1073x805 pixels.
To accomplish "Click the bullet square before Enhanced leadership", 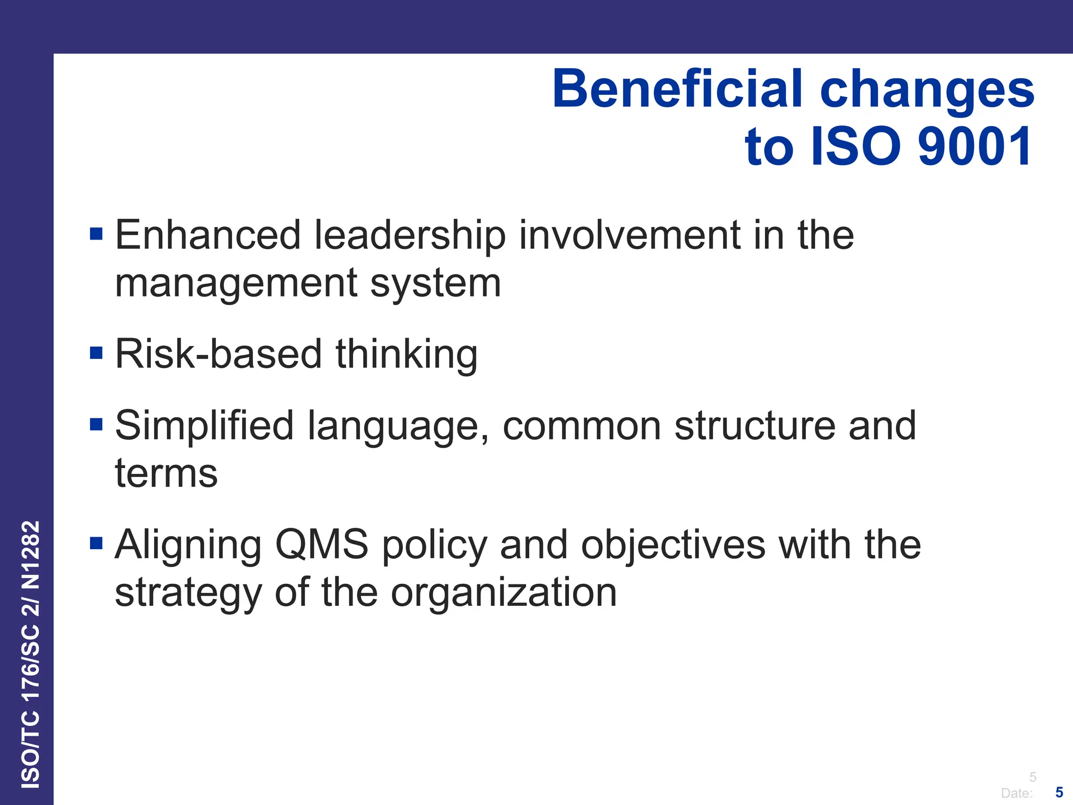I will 96,234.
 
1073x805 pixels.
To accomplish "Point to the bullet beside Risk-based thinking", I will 96,353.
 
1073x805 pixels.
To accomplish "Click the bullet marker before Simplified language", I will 96,424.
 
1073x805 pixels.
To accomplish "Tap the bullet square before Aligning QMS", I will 96,543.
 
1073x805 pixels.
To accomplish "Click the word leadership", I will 410,236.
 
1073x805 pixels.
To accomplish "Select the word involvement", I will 629,236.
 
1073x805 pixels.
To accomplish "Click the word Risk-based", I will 217,354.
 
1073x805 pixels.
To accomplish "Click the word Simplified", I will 204,426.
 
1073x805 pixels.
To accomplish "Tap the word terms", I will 166,474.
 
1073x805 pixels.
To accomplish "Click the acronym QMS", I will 322,545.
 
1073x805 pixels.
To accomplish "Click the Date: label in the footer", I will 1016,793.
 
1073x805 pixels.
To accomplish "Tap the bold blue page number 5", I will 1059,792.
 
